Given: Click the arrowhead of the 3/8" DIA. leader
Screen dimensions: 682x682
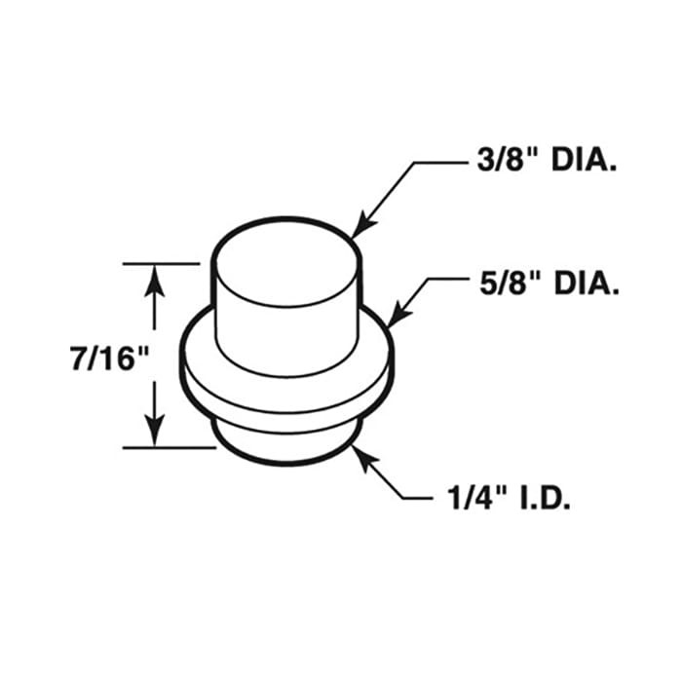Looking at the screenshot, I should coord(356,231).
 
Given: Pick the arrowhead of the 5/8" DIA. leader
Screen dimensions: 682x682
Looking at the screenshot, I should coord(393,321).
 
